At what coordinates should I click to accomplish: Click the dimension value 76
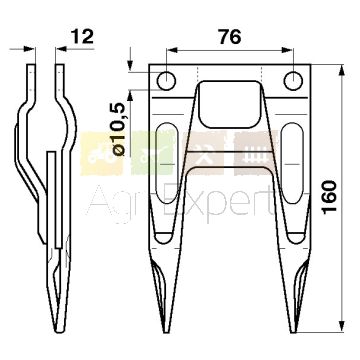click(230, 37)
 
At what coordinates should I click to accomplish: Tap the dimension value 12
click(82, 37)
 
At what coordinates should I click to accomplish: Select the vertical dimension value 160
click(330, 197)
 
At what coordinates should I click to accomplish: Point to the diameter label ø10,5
click(119, 129)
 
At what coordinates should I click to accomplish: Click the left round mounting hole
click(166, 81)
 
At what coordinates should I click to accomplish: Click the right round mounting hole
click(293, 81)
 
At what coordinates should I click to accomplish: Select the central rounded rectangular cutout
click(229, 104)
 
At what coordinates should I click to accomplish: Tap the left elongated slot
click(165, 163)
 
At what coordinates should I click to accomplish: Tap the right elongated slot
click(294, 163)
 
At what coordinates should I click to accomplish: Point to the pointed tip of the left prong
click(166, 332)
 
